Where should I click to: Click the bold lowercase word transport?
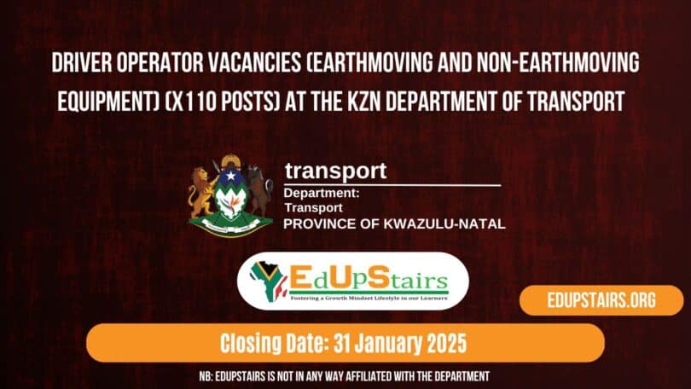point(335,171)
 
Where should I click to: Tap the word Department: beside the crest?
point(322,194)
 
